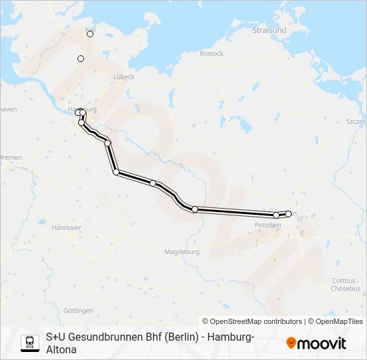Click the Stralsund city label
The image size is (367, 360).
(x=270, y=31)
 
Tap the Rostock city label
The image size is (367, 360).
(x=212, y=53)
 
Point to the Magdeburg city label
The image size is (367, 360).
(x=181, y=252)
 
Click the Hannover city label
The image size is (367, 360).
(x=66, y=227)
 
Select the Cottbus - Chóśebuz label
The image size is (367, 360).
(x=346, y=285)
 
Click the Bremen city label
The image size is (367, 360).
(x=11, y=157)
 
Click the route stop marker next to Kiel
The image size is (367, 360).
(x=90, y=34)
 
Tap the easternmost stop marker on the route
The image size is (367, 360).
(x=288, y=214)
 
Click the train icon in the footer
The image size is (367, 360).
(x=29, y=342)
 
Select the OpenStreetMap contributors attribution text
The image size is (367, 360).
(x=252, y=321)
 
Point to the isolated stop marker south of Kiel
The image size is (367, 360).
(x=81, y=59)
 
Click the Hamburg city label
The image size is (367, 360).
(x=83, y=109)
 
